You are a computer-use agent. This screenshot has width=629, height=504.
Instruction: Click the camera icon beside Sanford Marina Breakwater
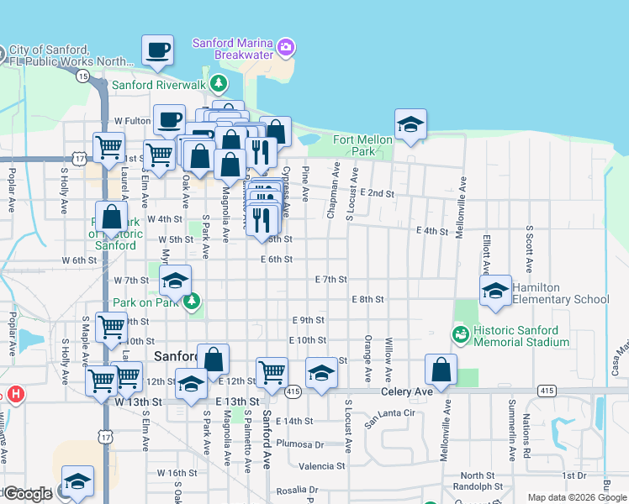[x=287, y=45]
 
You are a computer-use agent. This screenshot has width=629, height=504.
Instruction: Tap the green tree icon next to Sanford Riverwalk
[x=219, y=84]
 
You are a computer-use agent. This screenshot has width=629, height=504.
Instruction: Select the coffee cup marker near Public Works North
[x=157, y=52]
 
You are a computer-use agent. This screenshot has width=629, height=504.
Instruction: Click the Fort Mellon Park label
[x=363, y=145]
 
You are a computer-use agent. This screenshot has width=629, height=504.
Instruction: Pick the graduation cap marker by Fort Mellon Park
[x=410, y=125]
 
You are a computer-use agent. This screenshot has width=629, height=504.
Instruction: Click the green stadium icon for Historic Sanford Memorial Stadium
[x=461, y=335]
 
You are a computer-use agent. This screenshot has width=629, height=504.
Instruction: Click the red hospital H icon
[x=15, y=394]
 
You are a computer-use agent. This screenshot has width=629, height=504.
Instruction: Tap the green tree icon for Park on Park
[x=193, y=301]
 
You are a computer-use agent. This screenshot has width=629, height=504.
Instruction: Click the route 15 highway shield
[x=82, y=76]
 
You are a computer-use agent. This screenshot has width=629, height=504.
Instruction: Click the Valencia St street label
[x=322, y=465]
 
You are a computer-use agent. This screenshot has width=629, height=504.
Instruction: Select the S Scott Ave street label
[x=530, y=249]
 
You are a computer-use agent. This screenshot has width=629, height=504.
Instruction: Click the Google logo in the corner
[x=27, y=494]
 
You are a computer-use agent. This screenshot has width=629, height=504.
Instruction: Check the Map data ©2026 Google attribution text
[x=577, y=497]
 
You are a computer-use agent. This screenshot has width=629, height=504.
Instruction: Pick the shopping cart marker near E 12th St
[x=272, y=371]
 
